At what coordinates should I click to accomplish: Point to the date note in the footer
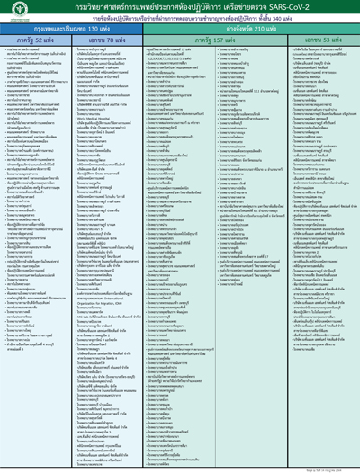(334, 467)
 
